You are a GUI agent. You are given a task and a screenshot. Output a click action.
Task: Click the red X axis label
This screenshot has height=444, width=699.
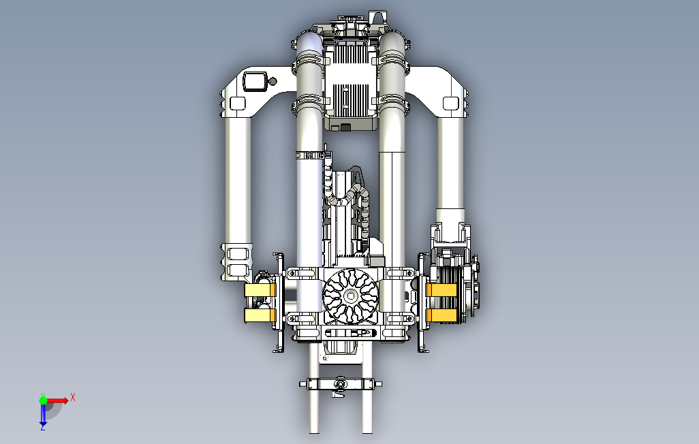pyautogui.click(x=73, y=397)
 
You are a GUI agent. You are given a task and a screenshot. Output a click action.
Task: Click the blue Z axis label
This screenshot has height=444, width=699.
pyautogui.click(x=43, y=428)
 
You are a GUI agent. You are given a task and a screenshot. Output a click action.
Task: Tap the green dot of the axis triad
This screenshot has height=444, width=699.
pyautogui.click(x=43, y=400)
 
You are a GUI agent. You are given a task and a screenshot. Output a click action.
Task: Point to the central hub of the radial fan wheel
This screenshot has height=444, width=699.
pyautogui.click(x=350, y=296)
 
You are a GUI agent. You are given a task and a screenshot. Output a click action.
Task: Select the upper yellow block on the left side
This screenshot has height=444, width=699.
pyautogui.click(x=260, y=291)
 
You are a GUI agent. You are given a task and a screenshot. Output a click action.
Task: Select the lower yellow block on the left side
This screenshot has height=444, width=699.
pyautogui.click(x=260, y=316)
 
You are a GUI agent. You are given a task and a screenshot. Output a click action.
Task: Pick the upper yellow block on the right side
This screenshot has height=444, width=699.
pyautogui.click(x=441, y=290)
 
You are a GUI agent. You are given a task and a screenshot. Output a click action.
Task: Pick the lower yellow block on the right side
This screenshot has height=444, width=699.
pyautogui.click(x=441, y=315)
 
